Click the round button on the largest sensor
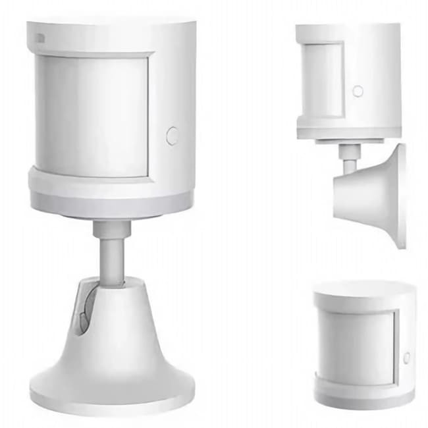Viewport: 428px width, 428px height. point(173,136)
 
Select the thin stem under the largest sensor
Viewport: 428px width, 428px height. point(111,259)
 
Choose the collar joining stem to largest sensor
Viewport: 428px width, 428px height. point(111,228)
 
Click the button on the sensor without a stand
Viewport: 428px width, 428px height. point(406,357)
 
